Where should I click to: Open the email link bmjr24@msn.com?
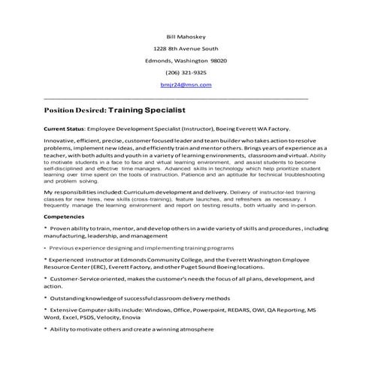pos(186,85)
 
